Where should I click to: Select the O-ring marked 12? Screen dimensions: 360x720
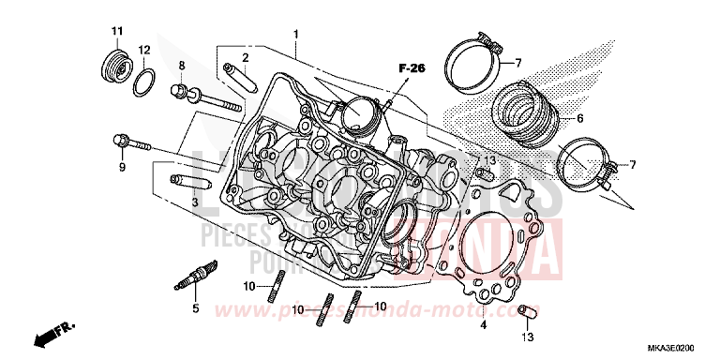(x=143, y=82)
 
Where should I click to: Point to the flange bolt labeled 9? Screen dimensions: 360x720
(x=130, y=143)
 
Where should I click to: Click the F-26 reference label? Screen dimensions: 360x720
(x=410, y=68)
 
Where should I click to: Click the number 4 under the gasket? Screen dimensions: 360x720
(x=484, y=325)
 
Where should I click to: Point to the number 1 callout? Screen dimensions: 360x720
(x=296, y=34)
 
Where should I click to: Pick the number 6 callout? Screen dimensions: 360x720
(x=580, y=119)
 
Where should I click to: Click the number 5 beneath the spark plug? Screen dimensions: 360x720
(x=195, y=308)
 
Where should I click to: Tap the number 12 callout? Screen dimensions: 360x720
(x=144, y=49)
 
